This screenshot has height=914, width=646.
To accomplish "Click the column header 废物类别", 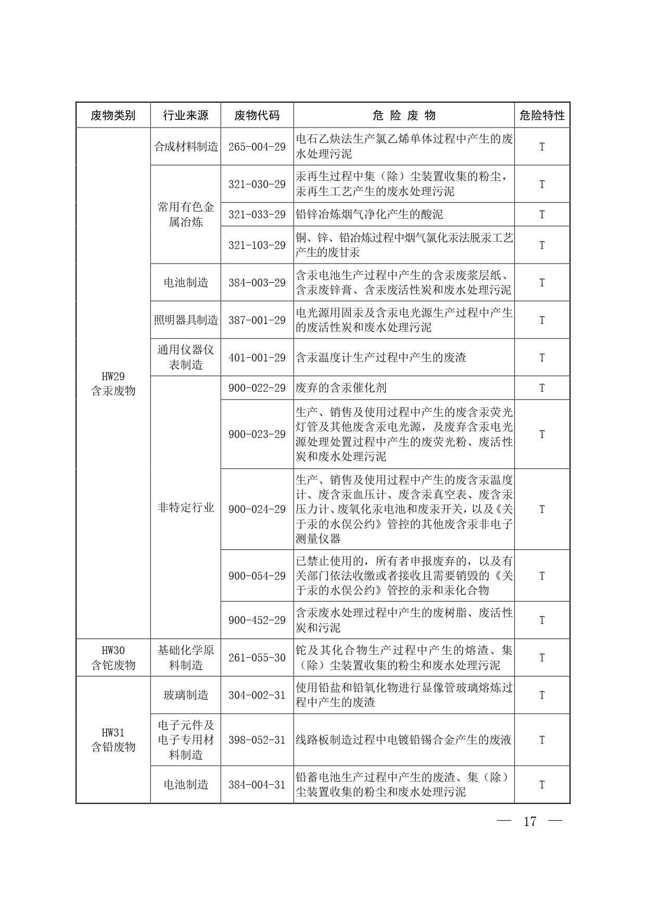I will coord(113,115).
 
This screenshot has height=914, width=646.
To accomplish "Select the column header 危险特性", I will coord(542,115).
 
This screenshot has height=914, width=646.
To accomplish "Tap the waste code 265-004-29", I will coord(257,147).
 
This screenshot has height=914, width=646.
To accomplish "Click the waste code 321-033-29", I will coord(257,215).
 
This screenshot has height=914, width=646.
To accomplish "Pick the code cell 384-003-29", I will coord(257,283).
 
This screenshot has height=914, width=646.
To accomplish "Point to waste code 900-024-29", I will coord(257,509).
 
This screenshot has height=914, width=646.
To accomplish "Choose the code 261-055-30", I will coord(257,658).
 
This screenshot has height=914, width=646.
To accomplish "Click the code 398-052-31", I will coord(257,740).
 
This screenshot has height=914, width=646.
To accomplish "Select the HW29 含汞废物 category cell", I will coord(113,384).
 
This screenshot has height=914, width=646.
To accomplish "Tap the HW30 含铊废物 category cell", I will coord(113,658).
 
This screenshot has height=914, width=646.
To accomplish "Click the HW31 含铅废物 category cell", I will coord(113,740).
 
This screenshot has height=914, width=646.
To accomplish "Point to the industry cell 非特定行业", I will coord(186,508).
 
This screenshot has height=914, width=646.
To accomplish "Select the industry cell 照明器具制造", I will coord(186,320).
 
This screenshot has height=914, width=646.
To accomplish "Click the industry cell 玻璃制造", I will coord(186,695).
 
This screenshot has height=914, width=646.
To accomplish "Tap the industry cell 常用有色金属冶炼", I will coord(186,215).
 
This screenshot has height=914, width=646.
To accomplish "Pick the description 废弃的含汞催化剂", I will coord(341,388).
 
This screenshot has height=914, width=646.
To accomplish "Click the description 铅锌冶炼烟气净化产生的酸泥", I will coord(369,215).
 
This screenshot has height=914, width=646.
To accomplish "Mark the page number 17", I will coord(529,822).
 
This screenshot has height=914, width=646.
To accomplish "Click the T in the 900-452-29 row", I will coord(542,620).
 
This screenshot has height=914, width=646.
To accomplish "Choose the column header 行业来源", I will coord(186,115).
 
